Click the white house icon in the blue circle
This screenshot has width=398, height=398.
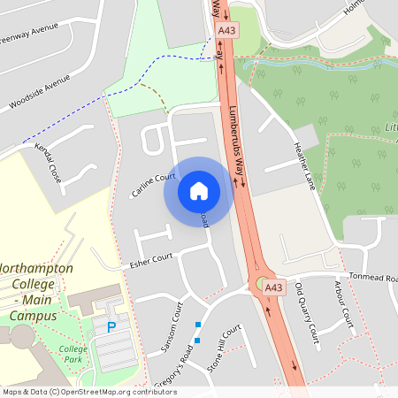[198, 190]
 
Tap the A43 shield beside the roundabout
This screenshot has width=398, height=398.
[274, 287]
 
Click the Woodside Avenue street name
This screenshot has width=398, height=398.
[39, 92]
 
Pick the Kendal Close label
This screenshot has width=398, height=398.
[50, 165]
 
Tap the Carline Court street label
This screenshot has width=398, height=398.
[153, 185]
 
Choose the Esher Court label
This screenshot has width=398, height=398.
[149, 260]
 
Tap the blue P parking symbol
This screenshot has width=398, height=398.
[111, 326]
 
